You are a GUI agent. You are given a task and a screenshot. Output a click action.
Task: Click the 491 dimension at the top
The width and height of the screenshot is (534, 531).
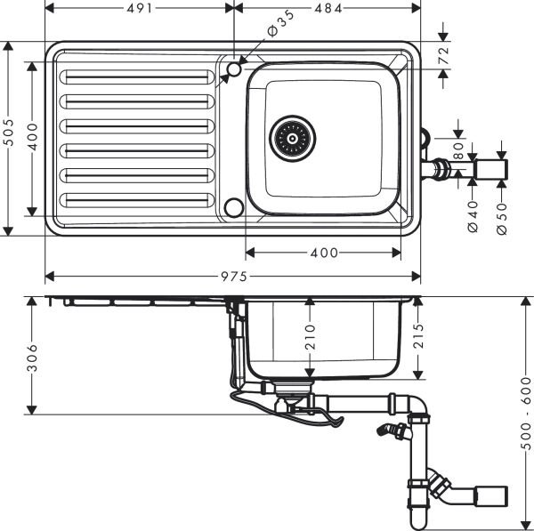[x=138, y=8]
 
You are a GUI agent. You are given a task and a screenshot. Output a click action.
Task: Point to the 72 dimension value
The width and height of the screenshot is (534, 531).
[x=444, y=56]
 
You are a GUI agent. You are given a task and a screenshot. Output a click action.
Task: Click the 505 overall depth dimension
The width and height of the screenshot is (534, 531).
[x=9, y=137]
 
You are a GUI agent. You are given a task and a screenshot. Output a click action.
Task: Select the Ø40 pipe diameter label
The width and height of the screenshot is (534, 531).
[x=473, y=215]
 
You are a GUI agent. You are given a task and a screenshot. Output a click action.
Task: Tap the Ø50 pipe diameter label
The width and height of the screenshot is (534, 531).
[x=502, y=215]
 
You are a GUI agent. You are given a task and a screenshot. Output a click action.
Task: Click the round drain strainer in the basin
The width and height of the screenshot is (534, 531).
[x=293, y=138]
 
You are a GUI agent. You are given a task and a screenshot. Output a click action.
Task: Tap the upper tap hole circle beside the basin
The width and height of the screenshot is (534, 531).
[x=235, y=68]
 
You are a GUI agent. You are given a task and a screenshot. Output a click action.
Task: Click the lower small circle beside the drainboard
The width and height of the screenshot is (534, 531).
[x=234, y=206]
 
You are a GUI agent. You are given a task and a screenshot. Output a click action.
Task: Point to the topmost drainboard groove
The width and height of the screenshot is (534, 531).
[x=136, y=78]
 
